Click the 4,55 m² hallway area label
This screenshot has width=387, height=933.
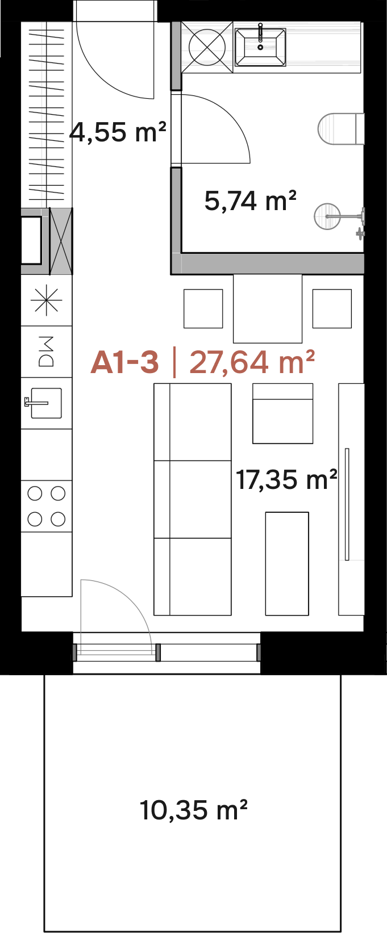pos(118,132)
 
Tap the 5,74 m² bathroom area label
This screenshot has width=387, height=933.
pos(250,200)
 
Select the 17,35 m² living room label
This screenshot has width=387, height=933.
pos(286,479)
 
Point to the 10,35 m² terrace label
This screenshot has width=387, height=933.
pos(194,810)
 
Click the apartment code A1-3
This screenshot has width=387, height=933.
pos(124,362)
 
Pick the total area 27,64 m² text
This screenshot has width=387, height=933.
pos(252,362)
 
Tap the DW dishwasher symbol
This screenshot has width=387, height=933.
pos(46,352)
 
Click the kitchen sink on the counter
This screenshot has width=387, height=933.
pos(43,403)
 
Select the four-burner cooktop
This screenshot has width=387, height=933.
pos(46,506)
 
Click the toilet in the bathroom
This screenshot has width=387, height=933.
pos(341,129)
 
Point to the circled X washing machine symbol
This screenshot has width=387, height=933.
pos(207,47)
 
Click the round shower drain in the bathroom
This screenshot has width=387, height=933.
pos(327,216)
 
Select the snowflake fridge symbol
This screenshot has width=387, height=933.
pos(46,300)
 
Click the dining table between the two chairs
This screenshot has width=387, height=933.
pos(267,309)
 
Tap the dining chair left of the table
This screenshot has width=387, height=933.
pos(203,309)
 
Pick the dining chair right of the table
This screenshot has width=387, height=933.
pos(332,309)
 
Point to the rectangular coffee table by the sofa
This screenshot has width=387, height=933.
pos(287,563)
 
